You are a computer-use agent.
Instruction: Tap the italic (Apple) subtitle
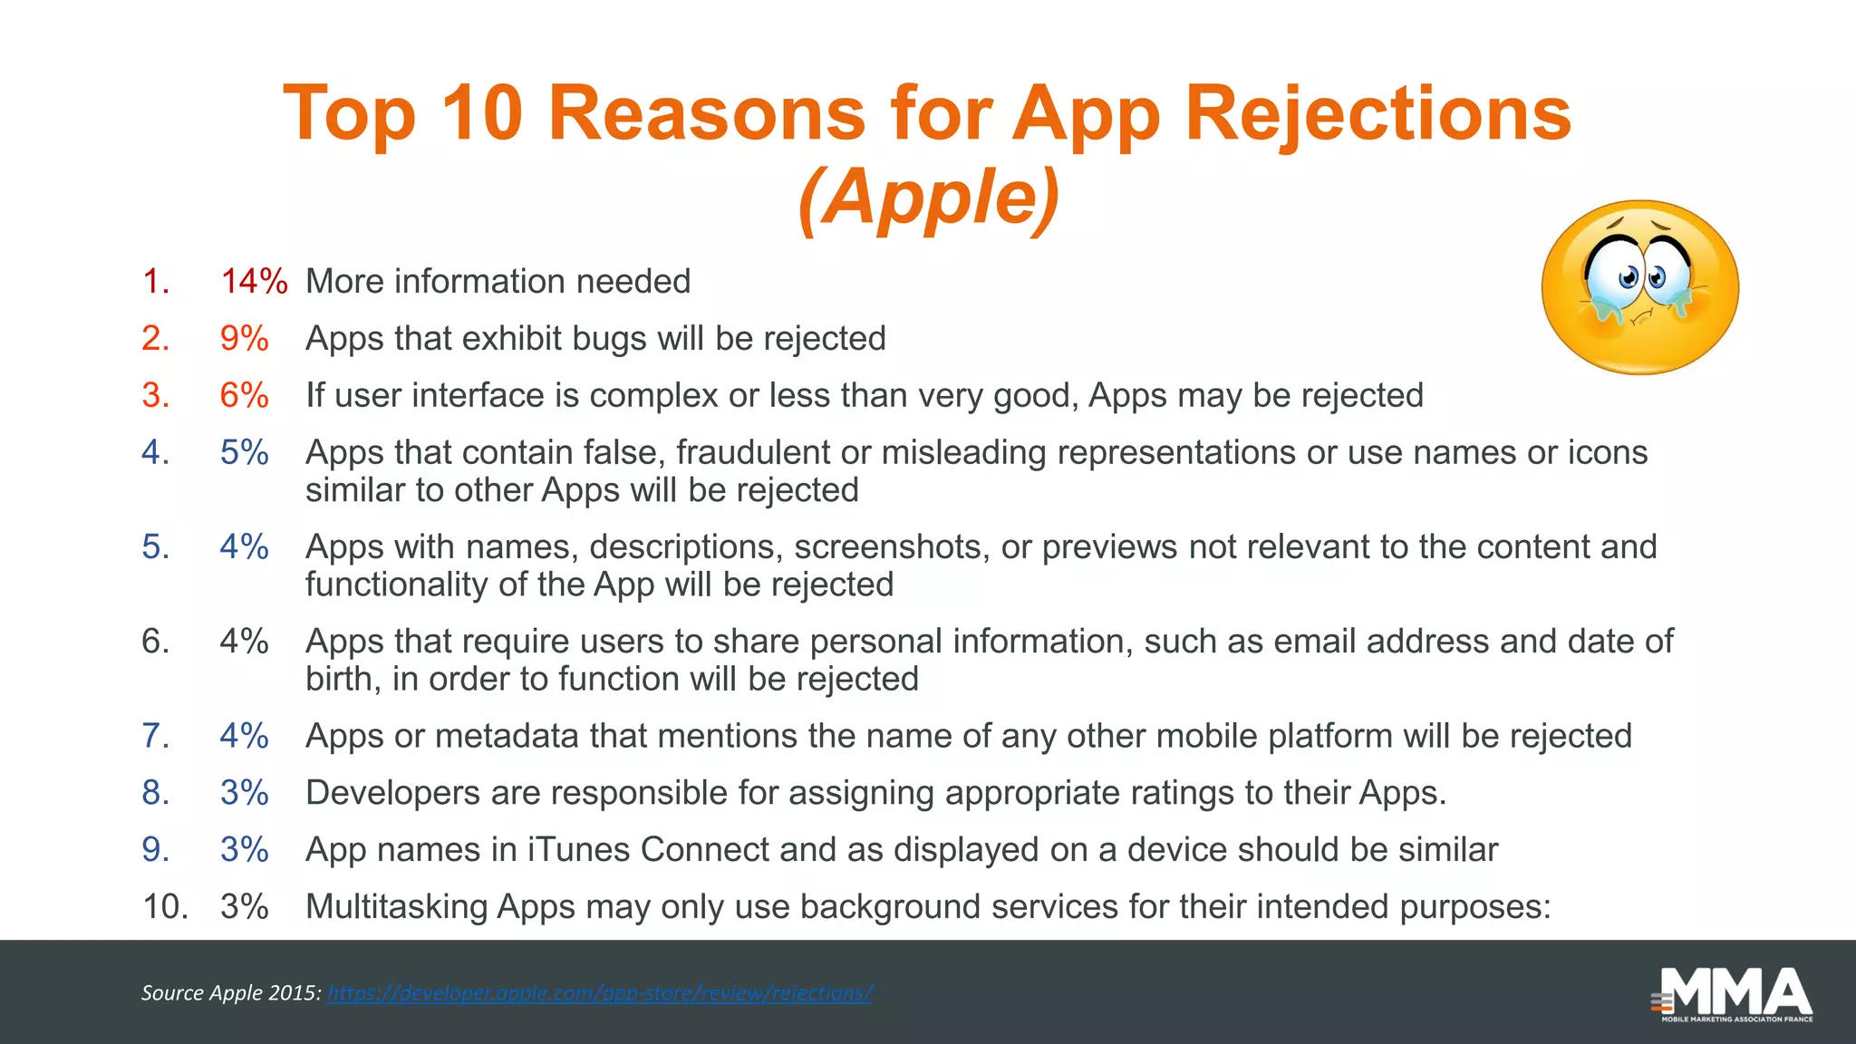coord(928,198)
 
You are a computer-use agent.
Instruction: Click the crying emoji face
coord(1639,287)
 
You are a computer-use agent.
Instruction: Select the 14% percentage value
coord(254,282)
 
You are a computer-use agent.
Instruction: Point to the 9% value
coord(244,339)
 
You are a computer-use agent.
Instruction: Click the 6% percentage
coord(244,396)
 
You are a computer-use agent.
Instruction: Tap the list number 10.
coord(165,907)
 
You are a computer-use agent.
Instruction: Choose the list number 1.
coord(156,282)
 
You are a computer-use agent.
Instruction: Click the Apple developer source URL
coord(599,993)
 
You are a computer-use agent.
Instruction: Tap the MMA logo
coord(1734,995)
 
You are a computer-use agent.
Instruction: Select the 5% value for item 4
coord(244,452)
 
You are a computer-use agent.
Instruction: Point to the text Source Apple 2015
coord(231,993)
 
